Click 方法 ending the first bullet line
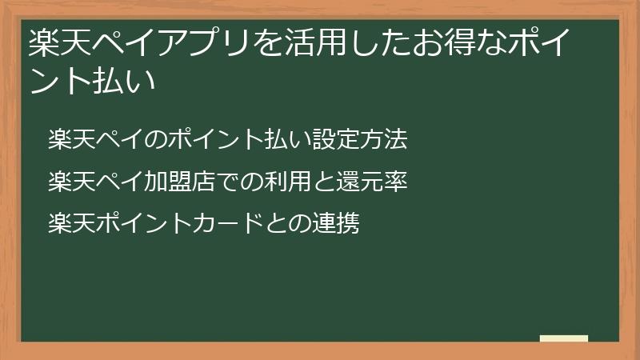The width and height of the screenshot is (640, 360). pyautogui.click(x=384, y=140)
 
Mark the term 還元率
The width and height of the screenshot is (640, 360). pyautogui.click(x=374, y=182)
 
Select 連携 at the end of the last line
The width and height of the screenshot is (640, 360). pyautogui.click(x=336, y=223)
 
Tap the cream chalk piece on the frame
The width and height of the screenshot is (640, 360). pyautogui.click(x=564, y=339)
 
